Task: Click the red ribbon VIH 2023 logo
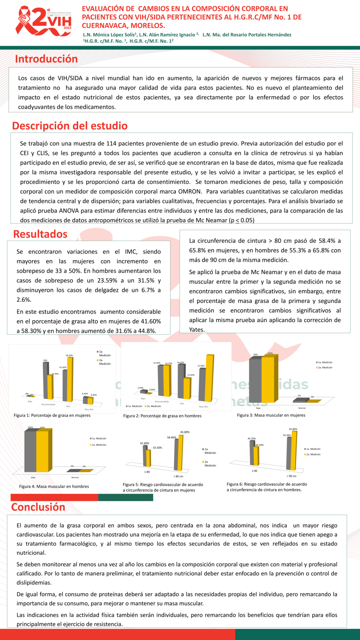(44, 21)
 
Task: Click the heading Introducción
(46, 59)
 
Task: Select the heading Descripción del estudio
(70, 126)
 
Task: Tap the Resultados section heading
(40, 234)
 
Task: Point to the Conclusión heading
(38, 507)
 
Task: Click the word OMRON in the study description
(190, 192)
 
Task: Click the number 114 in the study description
(111, 144)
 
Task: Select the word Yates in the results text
(196, 330)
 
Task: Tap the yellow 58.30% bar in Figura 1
(70, 379)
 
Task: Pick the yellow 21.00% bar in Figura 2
(187, 388)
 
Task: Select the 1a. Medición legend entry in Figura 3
(324, 363)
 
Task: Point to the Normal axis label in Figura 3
(302, 408)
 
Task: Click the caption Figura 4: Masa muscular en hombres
(54, 487)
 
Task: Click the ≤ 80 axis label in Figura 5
(147, 472)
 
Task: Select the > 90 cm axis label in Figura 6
(291, 476)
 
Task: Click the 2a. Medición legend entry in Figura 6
(313, 454)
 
